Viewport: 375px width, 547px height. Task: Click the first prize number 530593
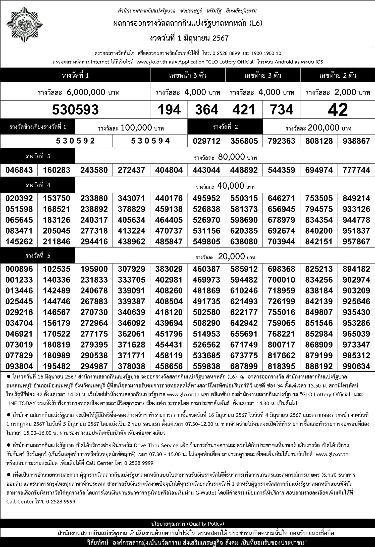(75, 110)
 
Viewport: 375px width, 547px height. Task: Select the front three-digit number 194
(169, 110)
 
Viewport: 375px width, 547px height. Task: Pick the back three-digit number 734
(281, 110)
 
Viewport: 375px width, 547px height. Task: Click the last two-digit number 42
(338, 110)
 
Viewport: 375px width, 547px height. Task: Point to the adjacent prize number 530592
(75, 141)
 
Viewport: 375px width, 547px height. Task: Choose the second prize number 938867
(356, 141)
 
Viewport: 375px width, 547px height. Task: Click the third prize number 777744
(356, 170)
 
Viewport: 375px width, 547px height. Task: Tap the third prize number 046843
(19, 170)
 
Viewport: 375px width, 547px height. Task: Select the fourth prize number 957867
(356, 242)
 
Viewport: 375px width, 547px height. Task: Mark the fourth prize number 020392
(19, 198)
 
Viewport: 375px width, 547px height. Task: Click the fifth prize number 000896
(19, 269)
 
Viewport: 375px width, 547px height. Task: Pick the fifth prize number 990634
(356, 366)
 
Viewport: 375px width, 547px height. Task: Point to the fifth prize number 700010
(281, 280)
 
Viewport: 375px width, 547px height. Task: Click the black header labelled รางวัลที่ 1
(75, 75)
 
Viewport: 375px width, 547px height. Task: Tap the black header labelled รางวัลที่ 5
(38, 256)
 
